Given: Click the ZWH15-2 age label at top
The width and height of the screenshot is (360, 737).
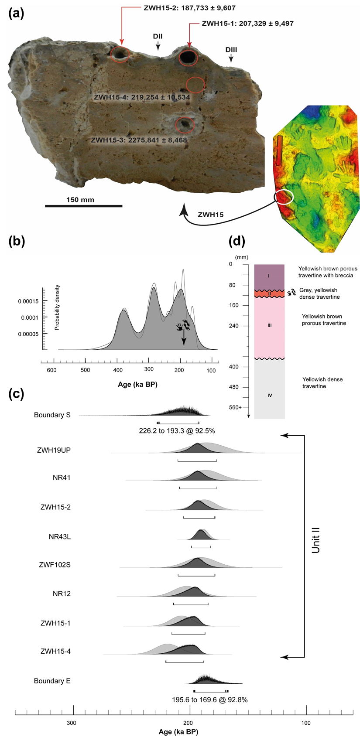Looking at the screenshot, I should coord(189,8).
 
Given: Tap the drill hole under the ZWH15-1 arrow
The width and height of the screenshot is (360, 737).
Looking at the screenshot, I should coord(188,57).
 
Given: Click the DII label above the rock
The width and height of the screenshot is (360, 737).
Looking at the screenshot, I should coord(158,37).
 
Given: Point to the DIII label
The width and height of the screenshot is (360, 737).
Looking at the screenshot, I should coord(231,50).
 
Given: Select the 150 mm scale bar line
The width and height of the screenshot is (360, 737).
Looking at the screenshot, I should coord(83,205).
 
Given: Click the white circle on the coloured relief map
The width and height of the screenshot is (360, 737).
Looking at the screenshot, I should coord(284,197).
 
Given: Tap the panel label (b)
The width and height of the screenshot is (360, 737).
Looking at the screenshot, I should coord(17,241).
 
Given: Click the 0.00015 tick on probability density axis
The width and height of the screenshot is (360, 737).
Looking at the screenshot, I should coord(28,301).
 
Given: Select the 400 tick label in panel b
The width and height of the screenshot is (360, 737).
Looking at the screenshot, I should coord(117,370).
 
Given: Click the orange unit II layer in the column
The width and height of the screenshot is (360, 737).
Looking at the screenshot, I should coord(269,294).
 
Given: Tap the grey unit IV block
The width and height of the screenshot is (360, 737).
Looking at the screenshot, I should coord(269,388).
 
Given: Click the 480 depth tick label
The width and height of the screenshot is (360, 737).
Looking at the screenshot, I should coord(234,387).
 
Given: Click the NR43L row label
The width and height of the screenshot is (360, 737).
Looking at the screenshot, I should coord(60,537).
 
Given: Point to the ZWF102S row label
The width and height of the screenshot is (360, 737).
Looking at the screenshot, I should coord(55,565).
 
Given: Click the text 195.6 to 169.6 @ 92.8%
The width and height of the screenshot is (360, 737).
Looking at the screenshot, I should coord(210,700).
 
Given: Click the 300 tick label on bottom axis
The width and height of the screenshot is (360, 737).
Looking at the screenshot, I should coord(71,723).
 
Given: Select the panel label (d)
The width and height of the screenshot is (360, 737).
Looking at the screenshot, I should coord(237,241).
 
